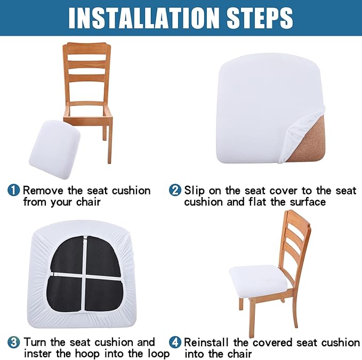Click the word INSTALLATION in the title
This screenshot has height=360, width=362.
pyautogui.click(x=138, y=18)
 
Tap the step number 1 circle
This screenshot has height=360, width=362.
pyautogui.click(x=14, y=190)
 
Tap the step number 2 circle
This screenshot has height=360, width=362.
pyautogui.click(x=175, y=190)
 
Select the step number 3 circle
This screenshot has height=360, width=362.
pyautogui.click(x=14, y=342)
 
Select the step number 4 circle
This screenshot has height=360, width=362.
pyautogui.click(x=175, y=342)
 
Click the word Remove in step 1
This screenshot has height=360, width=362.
pyautogui.click(x=42, y=190)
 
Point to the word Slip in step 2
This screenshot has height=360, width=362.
pyautogui.click(x=195, y=190)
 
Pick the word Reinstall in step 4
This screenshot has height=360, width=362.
pyautogui.click(x=209, y=342)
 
